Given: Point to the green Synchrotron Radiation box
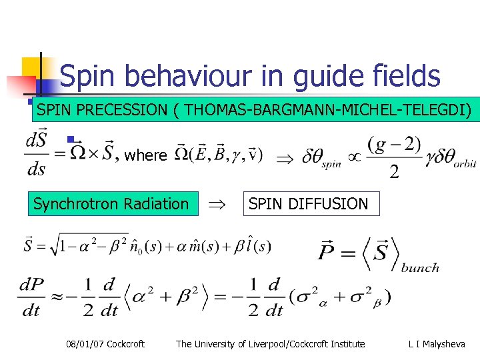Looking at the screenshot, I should (x=111, y=204).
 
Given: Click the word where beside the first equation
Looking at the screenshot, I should (x=145, y=155).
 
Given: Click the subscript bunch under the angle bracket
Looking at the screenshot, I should (x=420, y=268).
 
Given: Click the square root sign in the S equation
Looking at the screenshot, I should (x=57, y=247).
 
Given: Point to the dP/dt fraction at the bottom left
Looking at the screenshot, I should (x=31, y=297).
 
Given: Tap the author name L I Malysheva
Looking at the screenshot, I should (x=437, y=344).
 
